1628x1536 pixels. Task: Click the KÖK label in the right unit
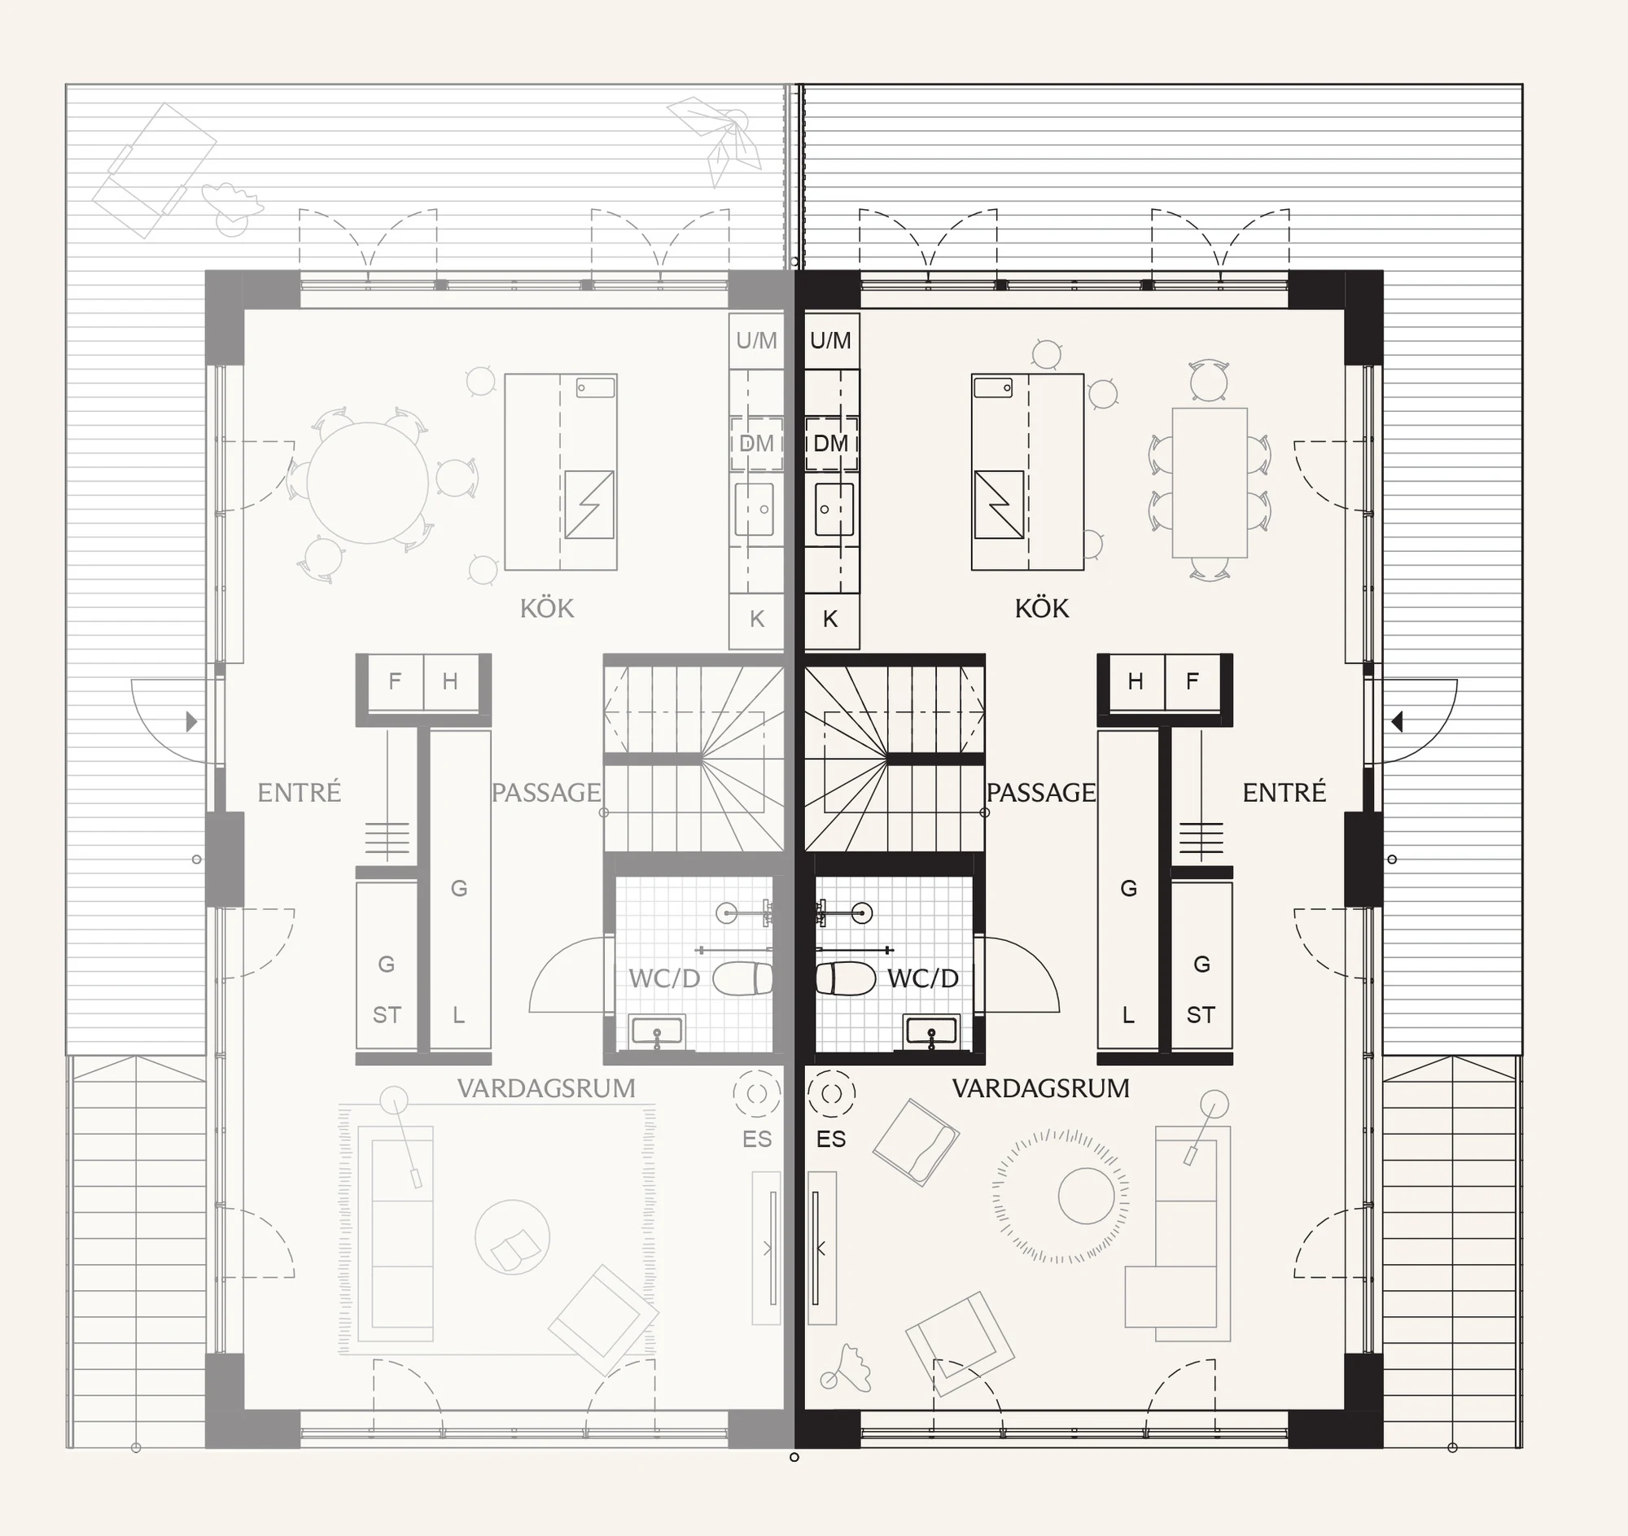tap(1042, 607)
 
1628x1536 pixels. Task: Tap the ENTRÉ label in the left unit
tap(299, 792)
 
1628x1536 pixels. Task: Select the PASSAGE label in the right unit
tap(1041, 792)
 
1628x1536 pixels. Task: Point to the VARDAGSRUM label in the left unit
tap(546, 1088)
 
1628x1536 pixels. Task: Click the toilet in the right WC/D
tap(846, 978)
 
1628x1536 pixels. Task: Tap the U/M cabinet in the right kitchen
tap(831, 340)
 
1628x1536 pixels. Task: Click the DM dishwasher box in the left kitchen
tap(756, 443)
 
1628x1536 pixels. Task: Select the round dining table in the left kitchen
tap(368, 483)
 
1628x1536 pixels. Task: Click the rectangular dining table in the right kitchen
tap(1210, 482)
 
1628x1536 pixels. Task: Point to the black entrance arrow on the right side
tap(1397, 721)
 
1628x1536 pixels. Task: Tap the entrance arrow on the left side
tap(191, 721)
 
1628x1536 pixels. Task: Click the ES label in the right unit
tap(831, 1139)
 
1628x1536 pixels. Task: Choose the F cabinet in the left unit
tap(396, 681)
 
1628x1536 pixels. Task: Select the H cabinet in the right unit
tap(1136, 681)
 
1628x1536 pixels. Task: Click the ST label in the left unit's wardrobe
tap(387, 1015)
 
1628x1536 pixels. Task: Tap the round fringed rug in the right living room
tap(1061, 1197)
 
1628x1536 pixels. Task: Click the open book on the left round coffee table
tap(515, 1249)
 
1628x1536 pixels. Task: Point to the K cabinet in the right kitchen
tap(831, 619)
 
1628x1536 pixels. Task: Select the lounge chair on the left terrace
tap(154, 170)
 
